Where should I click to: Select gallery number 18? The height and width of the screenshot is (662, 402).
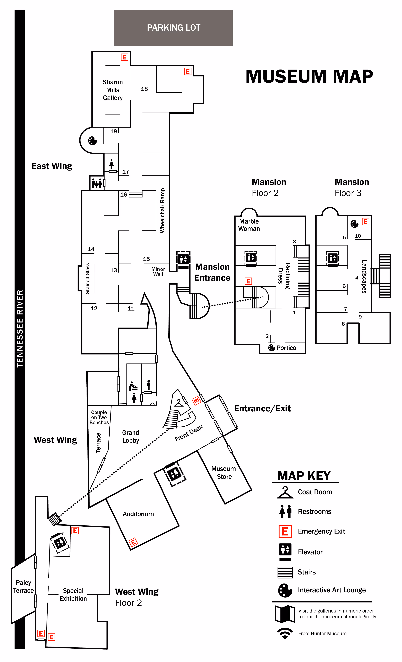pyautogui.click(x=144, y=89)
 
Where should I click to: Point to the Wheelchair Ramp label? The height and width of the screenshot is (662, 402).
pyautogui.click(x=162, y=211)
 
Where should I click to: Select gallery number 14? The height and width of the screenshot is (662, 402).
pyautogui.click(x=91, y=249)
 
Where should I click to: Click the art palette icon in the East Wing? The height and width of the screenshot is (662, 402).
pyautogui.click(x=92, y=140)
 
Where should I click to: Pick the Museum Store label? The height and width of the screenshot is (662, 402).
pyautogui.click(x=224, y=473)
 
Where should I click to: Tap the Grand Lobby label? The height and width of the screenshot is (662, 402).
pyautogui.click(x=131, y=437)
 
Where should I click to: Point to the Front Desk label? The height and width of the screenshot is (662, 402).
pyautogui.click(x=189, y=433)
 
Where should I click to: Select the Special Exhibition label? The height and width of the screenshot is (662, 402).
pyautogui.click(x=73, y=595)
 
